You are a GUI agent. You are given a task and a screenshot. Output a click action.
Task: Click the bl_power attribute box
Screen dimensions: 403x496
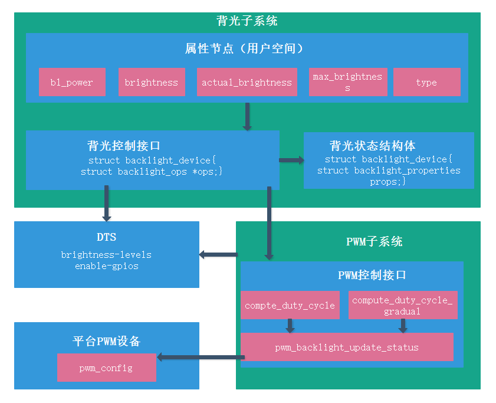pos(72,82)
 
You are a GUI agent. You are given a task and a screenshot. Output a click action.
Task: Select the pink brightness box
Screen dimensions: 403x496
pos(152,82)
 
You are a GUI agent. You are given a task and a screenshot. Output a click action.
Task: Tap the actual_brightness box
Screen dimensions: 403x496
pos(247,82)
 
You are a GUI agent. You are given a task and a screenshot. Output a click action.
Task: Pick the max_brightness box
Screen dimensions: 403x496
pos(347,82)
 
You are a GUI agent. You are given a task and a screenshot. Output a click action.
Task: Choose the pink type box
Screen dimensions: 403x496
pos(426,82)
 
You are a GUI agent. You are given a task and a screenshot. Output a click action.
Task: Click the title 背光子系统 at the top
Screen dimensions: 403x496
pos(247,21)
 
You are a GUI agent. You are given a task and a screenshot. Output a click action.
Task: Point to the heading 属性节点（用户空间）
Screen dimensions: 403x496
pos(247,48)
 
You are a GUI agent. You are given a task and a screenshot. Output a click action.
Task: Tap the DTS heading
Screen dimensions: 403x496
pos(106,237)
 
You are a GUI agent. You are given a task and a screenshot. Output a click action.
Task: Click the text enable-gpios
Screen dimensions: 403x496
pos(106,266)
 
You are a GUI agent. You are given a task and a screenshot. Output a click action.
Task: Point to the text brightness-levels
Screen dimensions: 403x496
pos(106,255)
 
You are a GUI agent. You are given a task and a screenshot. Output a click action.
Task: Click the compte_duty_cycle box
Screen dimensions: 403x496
pos(290,306)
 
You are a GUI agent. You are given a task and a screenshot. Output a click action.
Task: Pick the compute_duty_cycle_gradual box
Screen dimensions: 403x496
pos(402,306)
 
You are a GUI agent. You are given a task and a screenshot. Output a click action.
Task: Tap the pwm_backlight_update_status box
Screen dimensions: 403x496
pos(347,347)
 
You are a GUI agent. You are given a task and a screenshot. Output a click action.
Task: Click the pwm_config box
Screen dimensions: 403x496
pos(106,368)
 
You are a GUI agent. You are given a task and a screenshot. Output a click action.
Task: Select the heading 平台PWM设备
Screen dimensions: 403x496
pos(106,342)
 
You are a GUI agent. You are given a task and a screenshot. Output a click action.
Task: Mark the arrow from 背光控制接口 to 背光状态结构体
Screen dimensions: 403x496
pos(291,160)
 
